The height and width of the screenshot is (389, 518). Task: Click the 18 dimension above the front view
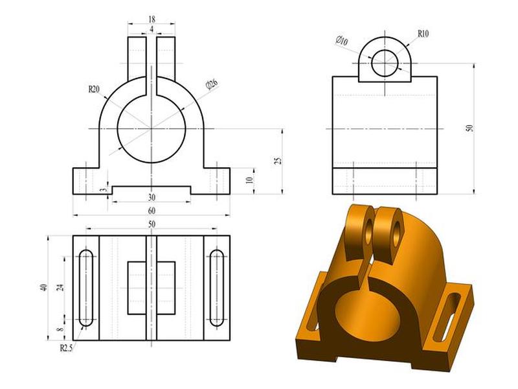(152, 19)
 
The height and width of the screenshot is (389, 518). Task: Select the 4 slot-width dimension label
(152, 29)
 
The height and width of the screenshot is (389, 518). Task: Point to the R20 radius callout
(94, 89)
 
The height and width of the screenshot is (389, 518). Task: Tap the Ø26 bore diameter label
(212, 85)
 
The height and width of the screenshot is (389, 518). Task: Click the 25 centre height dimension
(279, 161)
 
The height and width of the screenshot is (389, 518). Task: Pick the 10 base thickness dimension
(250, 180)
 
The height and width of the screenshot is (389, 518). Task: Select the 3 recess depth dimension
(104, 189)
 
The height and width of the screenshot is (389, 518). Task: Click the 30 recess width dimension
(152, 198)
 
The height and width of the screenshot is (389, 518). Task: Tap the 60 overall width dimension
(152, 211)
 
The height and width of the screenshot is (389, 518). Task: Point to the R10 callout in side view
(423, 34)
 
